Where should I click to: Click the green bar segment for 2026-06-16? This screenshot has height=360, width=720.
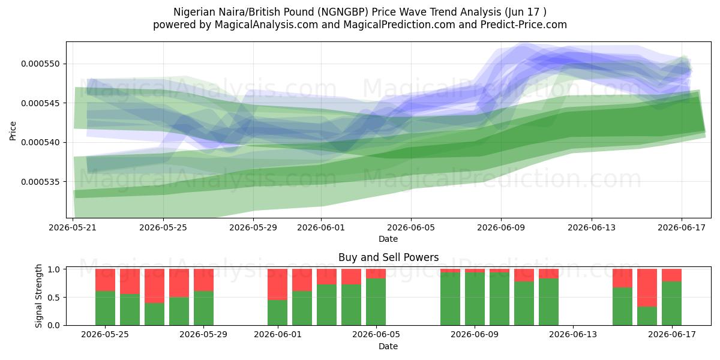coord(647,316)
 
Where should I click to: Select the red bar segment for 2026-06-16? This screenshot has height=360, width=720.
coord(647,287)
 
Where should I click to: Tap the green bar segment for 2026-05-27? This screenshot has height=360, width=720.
coord(154,314)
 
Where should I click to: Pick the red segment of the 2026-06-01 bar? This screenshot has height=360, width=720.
coord(277,284)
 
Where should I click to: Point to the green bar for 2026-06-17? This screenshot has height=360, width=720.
coord(671,304)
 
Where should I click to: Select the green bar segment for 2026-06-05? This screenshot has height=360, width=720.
coord(376,302)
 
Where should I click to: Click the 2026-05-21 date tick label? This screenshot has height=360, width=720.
coord(73,227)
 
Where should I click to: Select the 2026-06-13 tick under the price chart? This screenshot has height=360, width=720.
coord(592,227)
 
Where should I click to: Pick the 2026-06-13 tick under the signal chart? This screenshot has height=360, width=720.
coord(573,335)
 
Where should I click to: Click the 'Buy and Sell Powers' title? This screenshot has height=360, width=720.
coord(389,257)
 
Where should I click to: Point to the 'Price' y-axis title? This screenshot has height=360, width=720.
coord(13,131)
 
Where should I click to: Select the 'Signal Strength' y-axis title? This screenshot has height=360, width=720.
coord(38,296)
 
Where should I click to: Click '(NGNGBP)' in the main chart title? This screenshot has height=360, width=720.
coord(343,12)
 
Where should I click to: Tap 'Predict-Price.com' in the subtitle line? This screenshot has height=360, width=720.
coord(524,25)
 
